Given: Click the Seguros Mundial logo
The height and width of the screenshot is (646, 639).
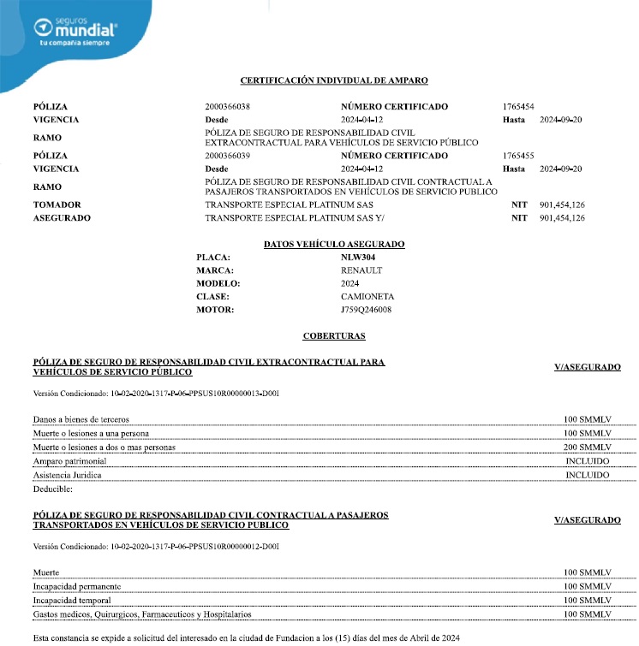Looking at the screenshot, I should [76, 28].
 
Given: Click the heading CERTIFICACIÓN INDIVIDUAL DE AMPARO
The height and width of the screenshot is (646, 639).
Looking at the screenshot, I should [334, 80].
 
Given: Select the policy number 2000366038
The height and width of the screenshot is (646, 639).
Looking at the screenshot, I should [228, 107].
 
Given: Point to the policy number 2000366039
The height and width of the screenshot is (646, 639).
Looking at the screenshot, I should [228, 157].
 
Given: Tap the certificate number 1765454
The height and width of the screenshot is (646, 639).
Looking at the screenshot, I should [518, 107].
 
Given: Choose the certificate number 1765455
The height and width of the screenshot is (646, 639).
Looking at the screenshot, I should [518, 157].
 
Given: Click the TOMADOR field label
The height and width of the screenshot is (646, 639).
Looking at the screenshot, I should [57, 205].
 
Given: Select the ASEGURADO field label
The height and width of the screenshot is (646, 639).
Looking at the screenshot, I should [62, 218].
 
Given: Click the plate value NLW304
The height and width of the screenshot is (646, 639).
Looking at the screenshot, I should [358, 257].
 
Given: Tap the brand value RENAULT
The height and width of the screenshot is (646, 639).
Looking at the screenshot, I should [361, 270].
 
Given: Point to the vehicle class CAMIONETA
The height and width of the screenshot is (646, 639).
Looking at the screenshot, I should [367, 296].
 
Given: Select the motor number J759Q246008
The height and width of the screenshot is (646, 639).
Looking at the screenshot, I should [367, 310].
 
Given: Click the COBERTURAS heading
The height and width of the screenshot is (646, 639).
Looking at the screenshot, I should [334, 336].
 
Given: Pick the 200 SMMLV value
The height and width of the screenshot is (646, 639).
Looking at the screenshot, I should [587, 447].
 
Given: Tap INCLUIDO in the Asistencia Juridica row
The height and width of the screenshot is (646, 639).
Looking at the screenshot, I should [587, 475].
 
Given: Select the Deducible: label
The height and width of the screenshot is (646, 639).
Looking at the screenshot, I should [52, 489].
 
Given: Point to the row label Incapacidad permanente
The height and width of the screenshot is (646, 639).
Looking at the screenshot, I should [76, 586].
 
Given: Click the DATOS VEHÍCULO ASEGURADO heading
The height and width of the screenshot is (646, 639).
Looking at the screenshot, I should [334, 245].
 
